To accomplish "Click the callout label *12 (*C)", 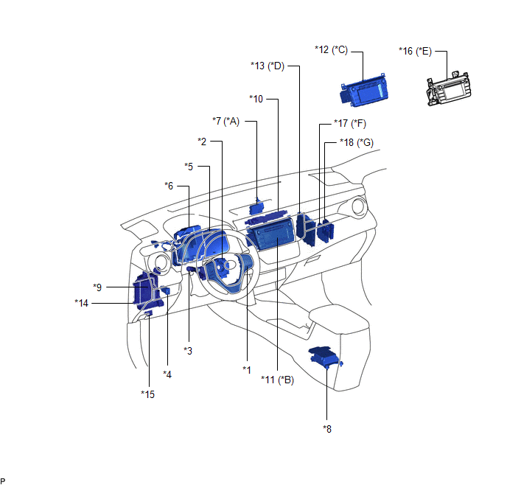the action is (x=331, y=50).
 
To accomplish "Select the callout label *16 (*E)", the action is (x=415, y=51).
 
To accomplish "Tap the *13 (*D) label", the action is (x=268, y=66).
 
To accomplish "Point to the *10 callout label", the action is (x=256, y=99).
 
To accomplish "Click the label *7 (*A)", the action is (x=226, y=121).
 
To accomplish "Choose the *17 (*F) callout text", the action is (x=350, y=124).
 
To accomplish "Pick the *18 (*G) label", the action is (x=357, y=142).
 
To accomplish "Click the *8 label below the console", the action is (x=327, y=429).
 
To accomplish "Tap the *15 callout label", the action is (x=148, y=394).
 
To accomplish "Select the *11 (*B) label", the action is (x=277, y=380).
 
